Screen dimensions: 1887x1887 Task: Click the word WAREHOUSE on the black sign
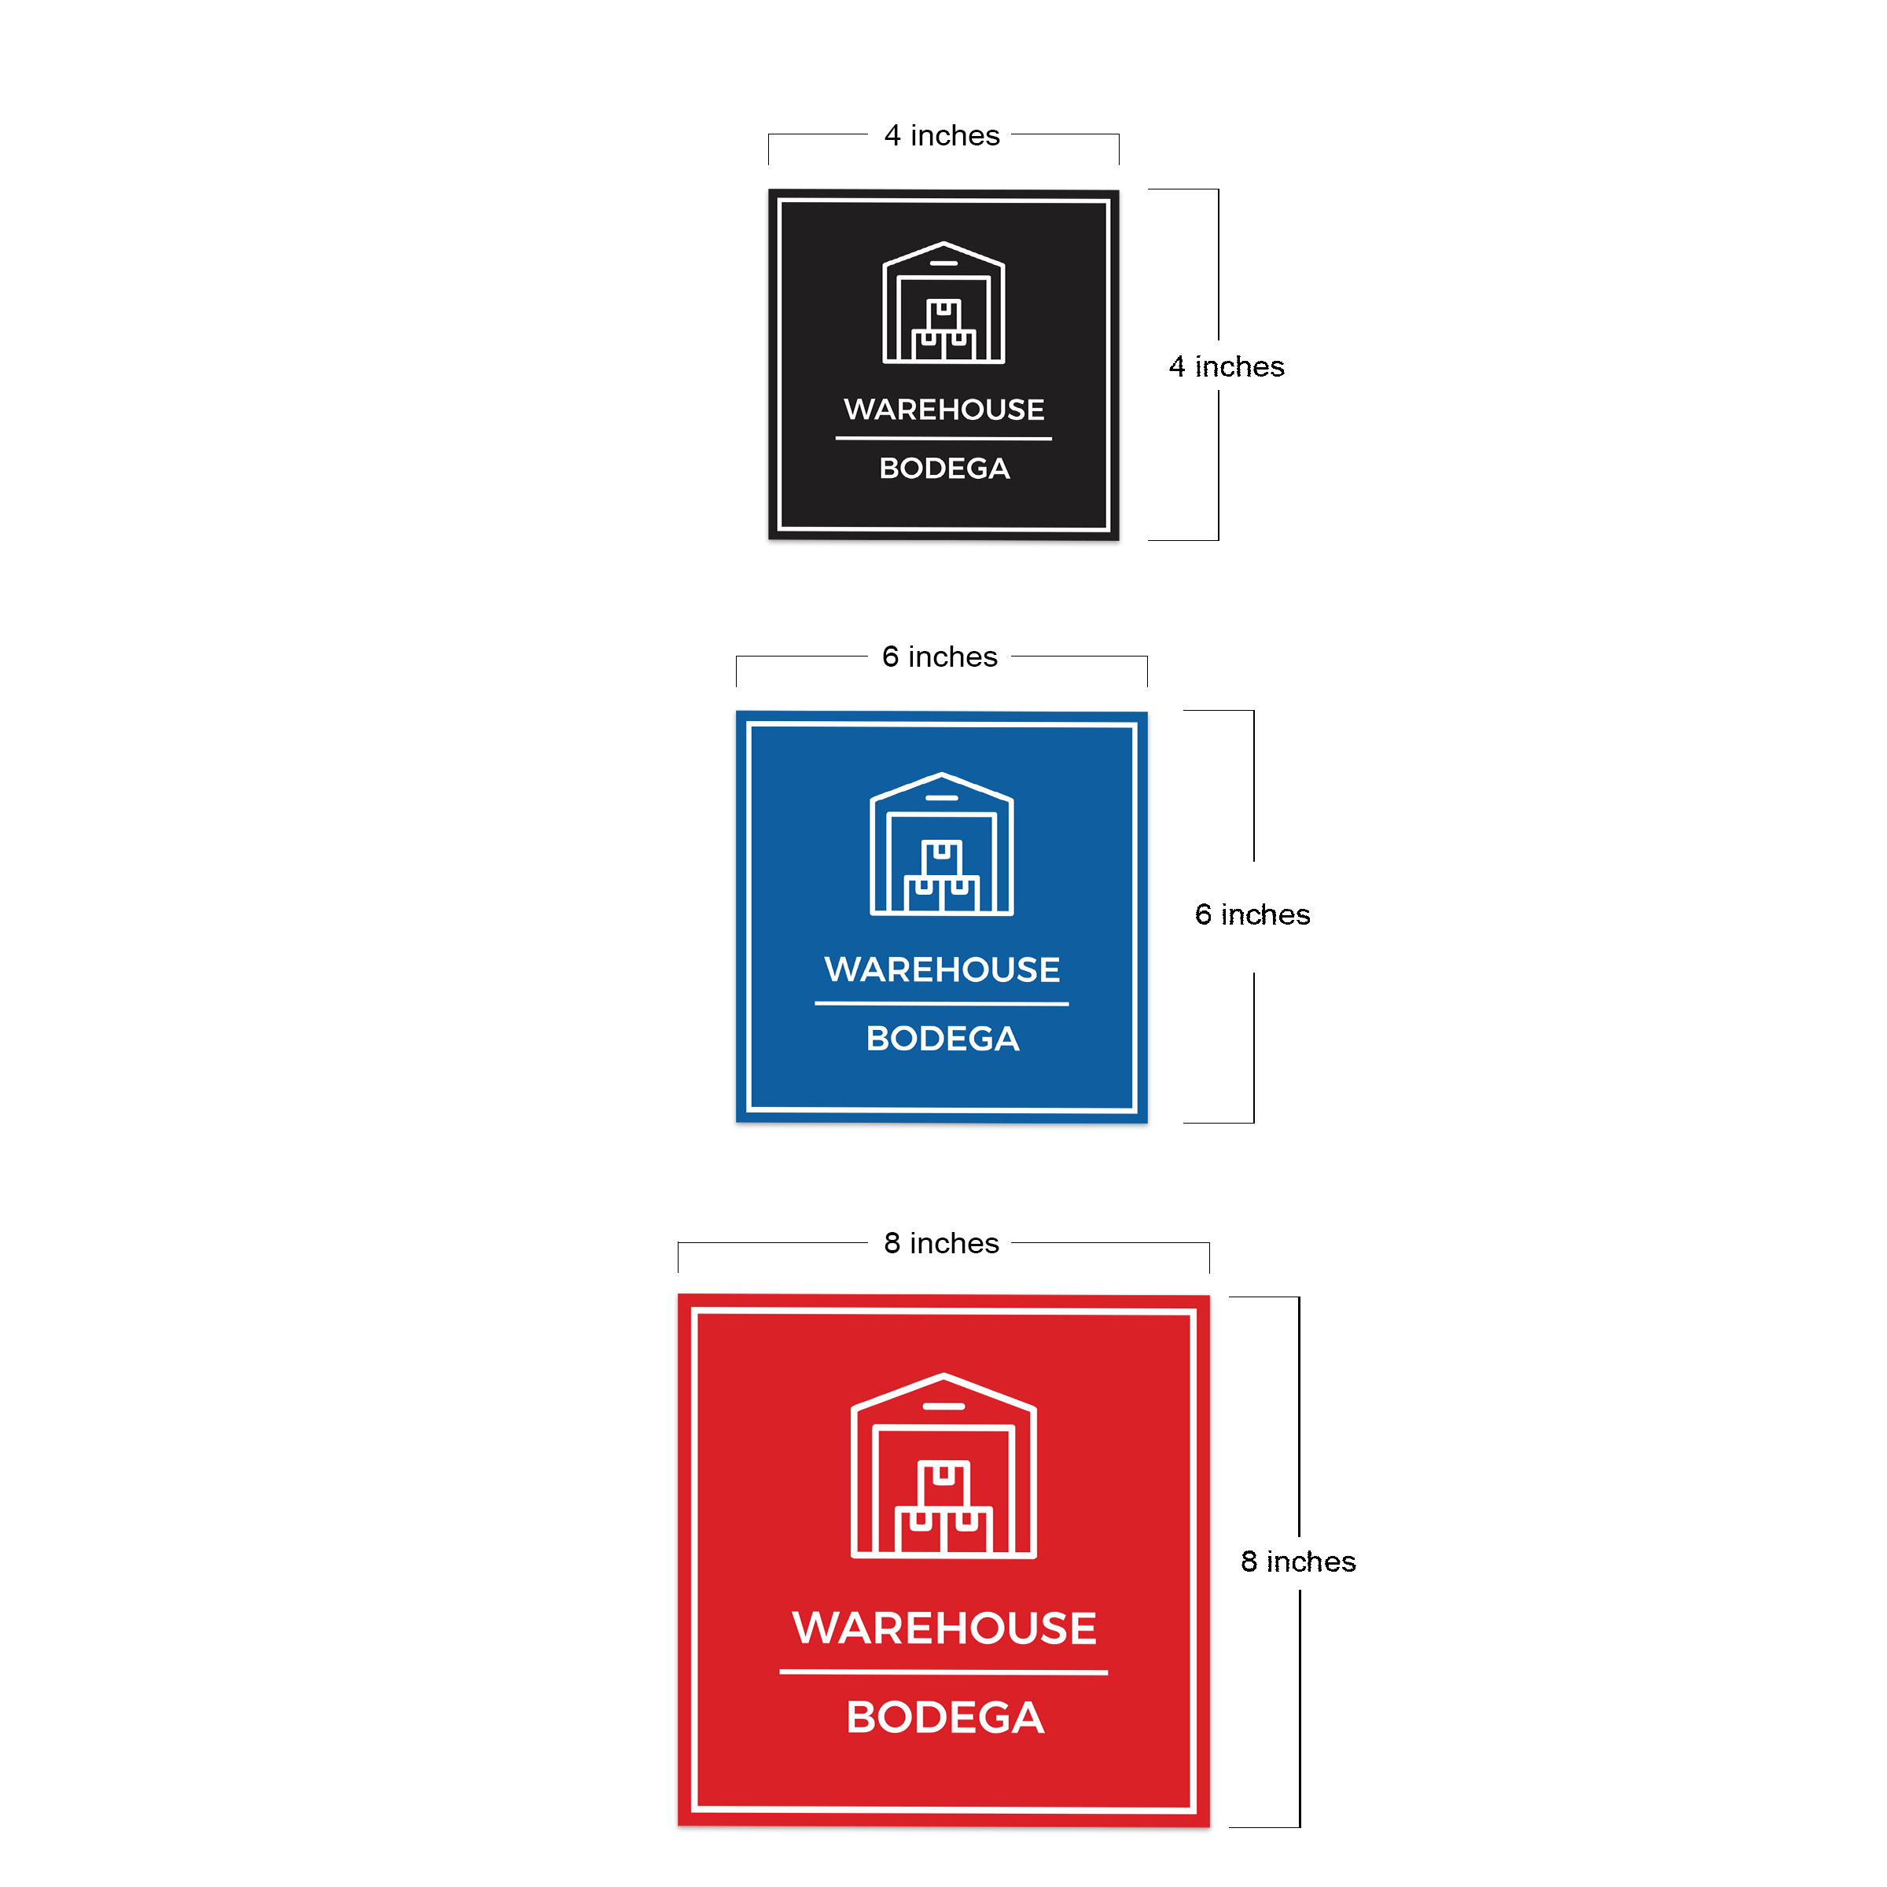(x=943, y=409)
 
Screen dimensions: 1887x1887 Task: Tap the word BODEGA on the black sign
(x=944, y=468)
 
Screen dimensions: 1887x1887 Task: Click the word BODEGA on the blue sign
(x=943, y=1038)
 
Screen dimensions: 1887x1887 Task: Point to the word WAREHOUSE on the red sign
(x=944, y=1628)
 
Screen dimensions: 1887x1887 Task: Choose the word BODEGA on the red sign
(x=945, y=1718)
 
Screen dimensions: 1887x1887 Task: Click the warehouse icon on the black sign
(x=943, y=303)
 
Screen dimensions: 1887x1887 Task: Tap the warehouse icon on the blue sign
(x=942, y=844)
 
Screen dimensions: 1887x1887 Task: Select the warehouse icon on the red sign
(x=943, y=1465)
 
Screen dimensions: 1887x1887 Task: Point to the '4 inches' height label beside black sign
(x=1227, y=366)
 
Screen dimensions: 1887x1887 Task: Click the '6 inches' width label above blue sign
(x=940, y=657)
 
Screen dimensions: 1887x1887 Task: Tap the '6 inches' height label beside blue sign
(x=1252, y=914)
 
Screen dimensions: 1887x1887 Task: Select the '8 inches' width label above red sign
(x=942, y=1242)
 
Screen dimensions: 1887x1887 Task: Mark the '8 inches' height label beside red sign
(x=1298, y=1561)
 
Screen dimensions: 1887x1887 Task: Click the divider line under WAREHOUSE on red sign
(x=943, y=1672)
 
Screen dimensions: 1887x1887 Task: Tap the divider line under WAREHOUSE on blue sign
(x=942, y=1003)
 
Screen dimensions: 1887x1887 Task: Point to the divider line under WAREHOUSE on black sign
(x=943, y=439)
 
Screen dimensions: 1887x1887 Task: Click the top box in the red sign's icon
(x=943, y=1484)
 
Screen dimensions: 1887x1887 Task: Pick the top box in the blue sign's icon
(x=942, y=859)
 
